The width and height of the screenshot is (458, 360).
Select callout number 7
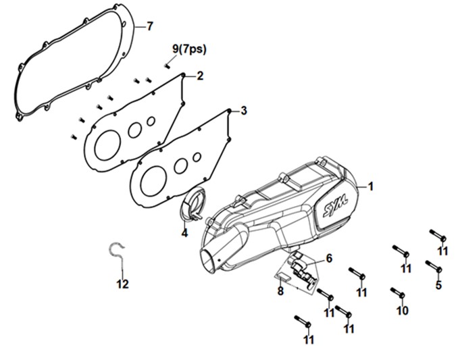point(149,26)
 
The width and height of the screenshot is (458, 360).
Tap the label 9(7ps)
point(189,49)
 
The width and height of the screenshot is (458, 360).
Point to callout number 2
point(200,76)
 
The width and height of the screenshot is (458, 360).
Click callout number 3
point(244,111)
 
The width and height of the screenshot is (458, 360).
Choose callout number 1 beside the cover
point(371,186)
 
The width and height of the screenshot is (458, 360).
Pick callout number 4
point(184,233)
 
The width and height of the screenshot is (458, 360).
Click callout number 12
point(123,284)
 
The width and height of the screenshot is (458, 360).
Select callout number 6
point(329,259)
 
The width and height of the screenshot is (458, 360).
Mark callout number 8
point(280,291)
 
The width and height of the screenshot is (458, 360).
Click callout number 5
point(438,285)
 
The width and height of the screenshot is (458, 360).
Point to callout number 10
point(402,311)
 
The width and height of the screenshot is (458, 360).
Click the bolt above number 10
point(397,293)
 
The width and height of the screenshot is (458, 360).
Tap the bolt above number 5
point(434,266)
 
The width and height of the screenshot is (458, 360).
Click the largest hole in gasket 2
point(108,145)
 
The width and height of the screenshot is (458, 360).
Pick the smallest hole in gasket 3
point(197,157)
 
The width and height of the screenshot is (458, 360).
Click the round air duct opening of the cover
point(209,260)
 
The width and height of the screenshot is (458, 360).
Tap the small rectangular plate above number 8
point(284,276)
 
